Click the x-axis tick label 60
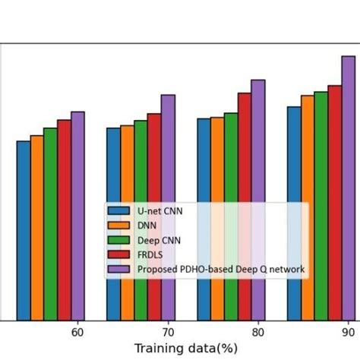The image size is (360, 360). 77,332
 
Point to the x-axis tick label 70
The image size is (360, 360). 168,332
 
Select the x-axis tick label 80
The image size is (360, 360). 258,332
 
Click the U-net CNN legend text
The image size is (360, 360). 159,210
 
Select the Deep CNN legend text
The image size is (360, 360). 159,240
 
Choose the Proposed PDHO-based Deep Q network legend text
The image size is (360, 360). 220,269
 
